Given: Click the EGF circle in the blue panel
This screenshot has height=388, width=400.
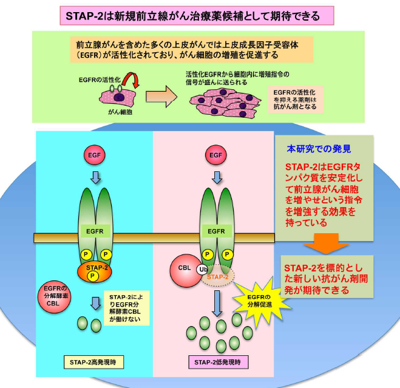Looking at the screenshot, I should pos(95,155).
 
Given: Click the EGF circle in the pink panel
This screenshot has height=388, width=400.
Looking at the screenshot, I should pos(216,155).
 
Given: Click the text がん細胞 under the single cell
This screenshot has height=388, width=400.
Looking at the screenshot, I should pos(120,113).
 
